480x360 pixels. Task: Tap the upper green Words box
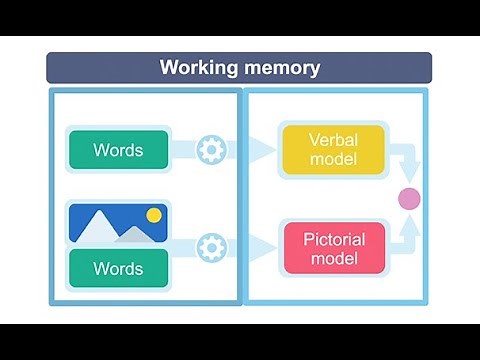(x=118, y=150)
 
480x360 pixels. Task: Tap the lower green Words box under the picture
(x=118, y=268)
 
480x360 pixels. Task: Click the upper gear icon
(x=211, y=150)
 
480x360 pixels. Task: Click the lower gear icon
(x=211, y=247)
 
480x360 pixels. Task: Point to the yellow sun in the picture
(x=153, y=215)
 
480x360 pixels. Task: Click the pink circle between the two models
(x=408, y=198)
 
